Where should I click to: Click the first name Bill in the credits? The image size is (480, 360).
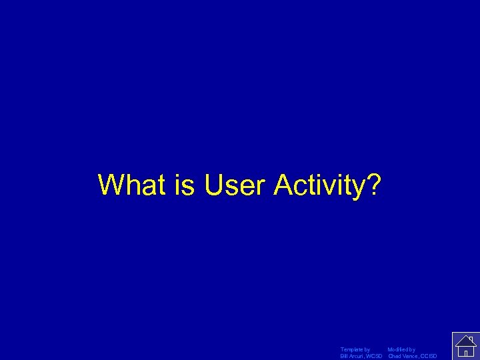tap(344, 356)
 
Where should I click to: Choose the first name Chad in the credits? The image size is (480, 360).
tap(395, 356)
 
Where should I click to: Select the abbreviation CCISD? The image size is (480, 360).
tap(429, 356)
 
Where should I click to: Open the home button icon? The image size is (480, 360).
tap(465, 345)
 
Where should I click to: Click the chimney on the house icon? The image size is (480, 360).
tap(471, 339)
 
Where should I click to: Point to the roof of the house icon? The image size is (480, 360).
tap(465, 340)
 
